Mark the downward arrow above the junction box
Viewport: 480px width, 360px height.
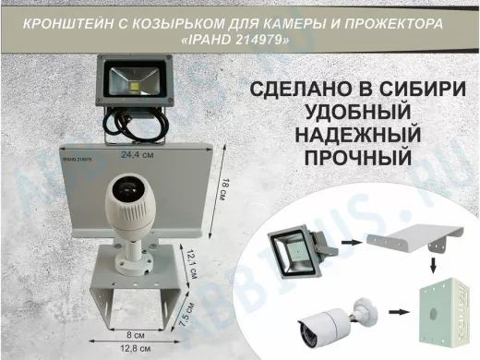point(434,267)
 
